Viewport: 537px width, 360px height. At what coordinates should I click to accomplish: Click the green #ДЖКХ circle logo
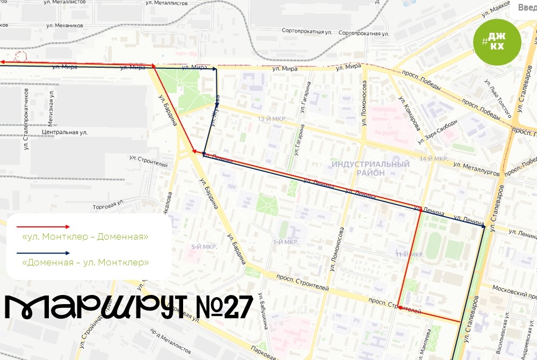497,41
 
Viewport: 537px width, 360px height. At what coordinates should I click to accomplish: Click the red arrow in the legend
43,227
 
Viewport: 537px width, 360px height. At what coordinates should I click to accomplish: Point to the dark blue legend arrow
43,253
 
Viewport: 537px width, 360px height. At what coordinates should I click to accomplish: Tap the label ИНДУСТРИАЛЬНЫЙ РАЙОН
370,168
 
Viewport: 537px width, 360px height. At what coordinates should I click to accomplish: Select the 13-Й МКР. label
271,119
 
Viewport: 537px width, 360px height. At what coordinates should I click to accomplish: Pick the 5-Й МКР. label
204,247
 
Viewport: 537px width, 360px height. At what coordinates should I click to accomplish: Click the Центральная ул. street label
64,132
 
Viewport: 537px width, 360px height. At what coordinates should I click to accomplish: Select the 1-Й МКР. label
285,242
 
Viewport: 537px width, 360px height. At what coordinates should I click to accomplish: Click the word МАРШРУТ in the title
91,307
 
